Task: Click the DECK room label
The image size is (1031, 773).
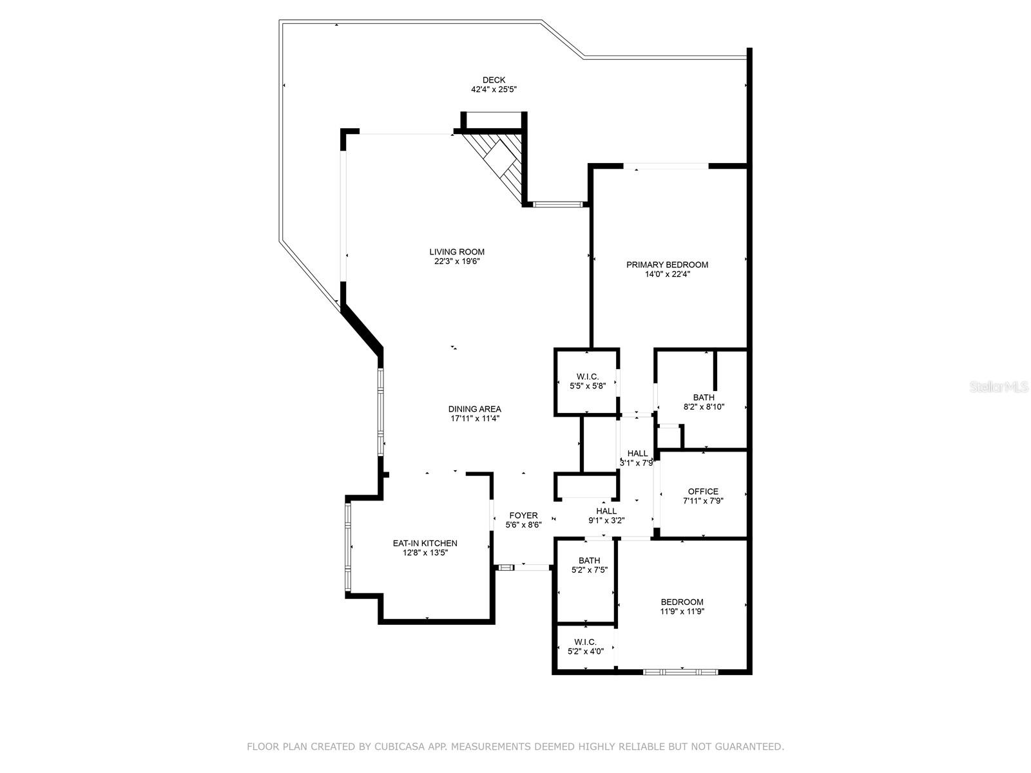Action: [494, 81]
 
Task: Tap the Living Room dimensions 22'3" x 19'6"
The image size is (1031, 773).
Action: [457, 262]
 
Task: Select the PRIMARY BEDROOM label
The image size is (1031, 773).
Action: [667, 265]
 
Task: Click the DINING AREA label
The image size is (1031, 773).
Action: [474, 409]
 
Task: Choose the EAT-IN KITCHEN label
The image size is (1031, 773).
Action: [425, 543]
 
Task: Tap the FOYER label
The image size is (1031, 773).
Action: [523, 515]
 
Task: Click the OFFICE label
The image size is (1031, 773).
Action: [702, 491]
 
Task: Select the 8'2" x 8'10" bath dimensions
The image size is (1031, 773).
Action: [704, 407]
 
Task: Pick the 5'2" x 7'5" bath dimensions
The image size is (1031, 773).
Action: [589, 570]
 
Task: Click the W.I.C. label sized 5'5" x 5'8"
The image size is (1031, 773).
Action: [588, 376]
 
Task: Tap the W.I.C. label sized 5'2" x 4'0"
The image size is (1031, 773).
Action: [585, 642]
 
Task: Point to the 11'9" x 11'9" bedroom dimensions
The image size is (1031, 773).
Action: [682, 611]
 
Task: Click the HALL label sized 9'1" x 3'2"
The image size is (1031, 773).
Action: [606, 511]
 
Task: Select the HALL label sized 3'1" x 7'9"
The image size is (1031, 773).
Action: [637, 453]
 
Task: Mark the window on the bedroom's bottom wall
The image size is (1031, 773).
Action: [680, 672]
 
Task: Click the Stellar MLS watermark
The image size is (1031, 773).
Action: [998, 386]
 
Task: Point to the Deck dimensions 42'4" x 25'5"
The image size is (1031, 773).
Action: [494, 89]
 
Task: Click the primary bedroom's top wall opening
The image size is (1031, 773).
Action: [666, 166]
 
